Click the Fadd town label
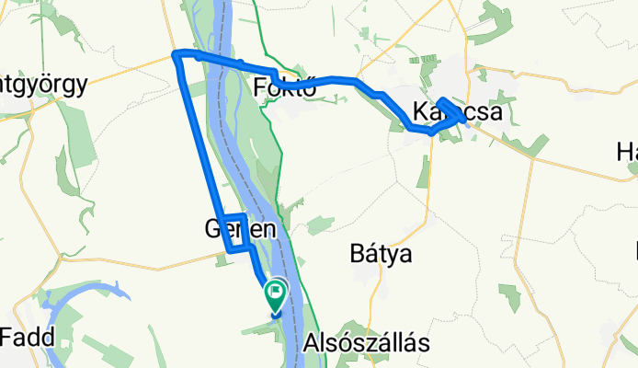[33, 337]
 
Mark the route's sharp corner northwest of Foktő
[176, 54]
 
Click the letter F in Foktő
[258, 87]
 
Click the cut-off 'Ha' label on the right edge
[627, 151]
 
